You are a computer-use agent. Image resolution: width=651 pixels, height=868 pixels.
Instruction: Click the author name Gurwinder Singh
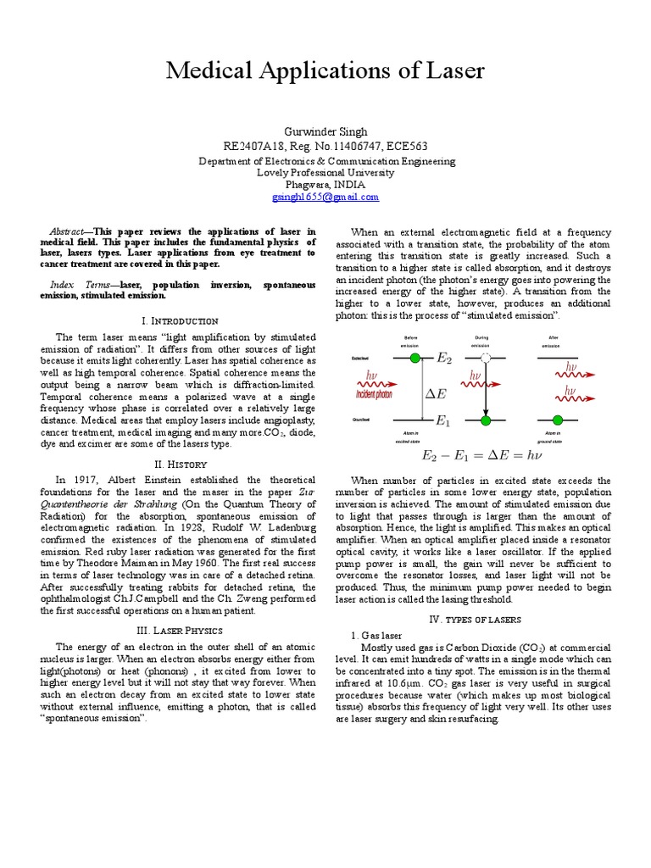pyautogui.click(x=325, y=131)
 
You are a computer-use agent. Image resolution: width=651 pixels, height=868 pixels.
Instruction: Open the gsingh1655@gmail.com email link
pyautogui.click(x=325, y=197)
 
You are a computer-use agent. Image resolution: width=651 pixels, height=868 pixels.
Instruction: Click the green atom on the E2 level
pyautogui.click(x=415, y=359)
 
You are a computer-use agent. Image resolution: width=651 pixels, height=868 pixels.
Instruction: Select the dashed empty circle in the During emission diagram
pyautogui.click(x=486, y=359)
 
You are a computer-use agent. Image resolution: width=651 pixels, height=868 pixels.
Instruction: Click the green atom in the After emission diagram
pyautogui.click(x=557, y=420)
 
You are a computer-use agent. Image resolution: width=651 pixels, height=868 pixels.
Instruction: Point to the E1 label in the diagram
pyautogui.click(x=442, y=420)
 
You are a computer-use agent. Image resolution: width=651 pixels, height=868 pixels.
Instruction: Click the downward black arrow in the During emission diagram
pyautogui.click(x=486, y=390)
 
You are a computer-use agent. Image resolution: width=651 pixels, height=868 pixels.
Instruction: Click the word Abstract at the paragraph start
pyautogui.click(x=67, y=231)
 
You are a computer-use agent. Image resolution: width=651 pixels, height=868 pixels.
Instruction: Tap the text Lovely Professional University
pyautogui.click(x=325, y=172)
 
